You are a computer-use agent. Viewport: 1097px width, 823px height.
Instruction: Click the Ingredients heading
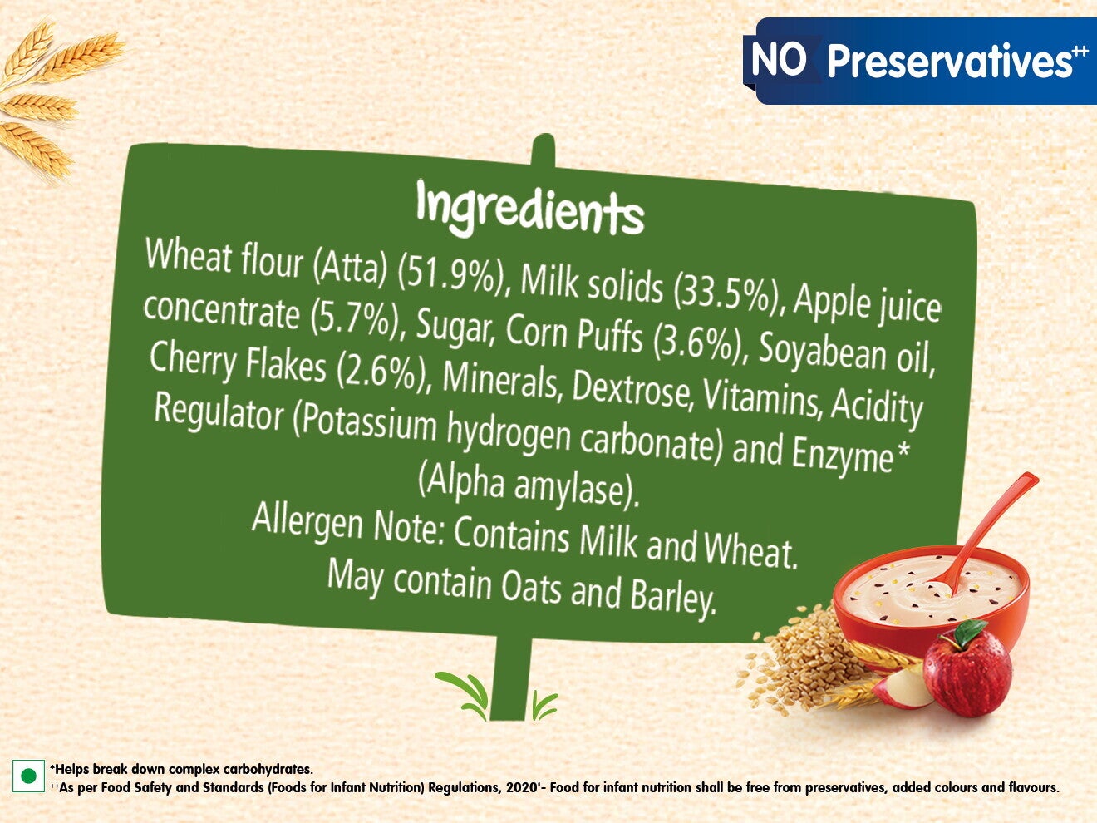[529, 209]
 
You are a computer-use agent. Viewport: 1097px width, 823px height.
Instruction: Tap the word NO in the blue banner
[780, 60]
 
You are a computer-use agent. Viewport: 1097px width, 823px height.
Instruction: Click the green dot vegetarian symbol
[28, 790]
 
